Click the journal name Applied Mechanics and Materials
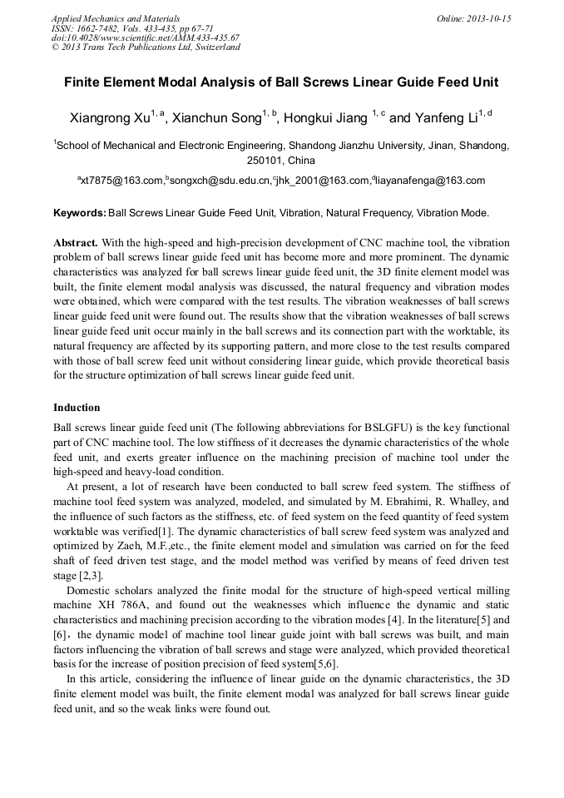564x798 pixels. pos(115,17)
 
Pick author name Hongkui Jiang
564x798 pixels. pos(326,118)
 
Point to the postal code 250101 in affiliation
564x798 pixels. pos(265,160)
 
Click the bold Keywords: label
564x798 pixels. pos(80,213)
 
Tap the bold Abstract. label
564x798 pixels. pos(76,243)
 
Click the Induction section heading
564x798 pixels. pos(77,408)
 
